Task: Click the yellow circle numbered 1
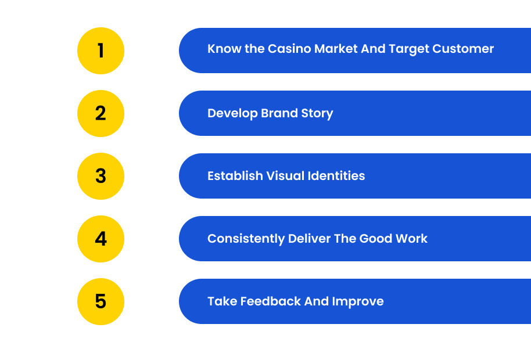coord(101,51)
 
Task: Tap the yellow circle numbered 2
coord(101,113)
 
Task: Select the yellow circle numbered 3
coord(101,177)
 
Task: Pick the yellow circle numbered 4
coord(101,239)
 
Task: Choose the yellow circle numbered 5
coord(101,301)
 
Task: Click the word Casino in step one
coord(289,49)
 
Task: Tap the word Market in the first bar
coord(336,49)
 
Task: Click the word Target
coord(409,49)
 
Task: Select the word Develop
coord(232,114)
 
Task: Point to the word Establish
coord(235,176)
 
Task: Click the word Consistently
coord(246,239)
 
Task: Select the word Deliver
coord(310,239)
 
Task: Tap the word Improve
coord(358,302)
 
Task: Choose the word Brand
coord(279,113)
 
